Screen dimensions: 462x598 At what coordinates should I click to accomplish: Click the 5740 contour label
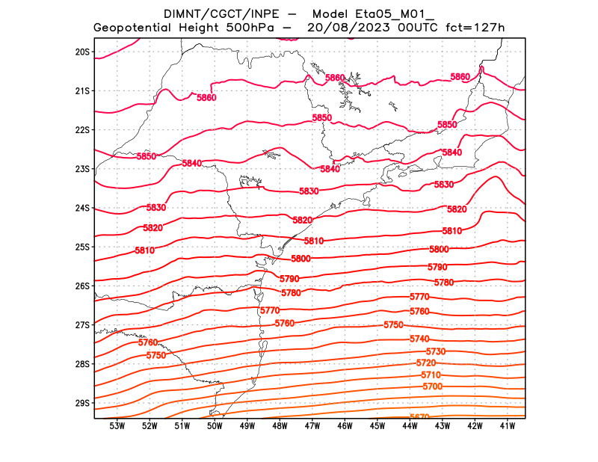pyautogui.click(x=419, y=339)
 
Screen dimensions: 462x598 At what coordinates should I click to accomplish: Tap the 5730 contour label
pyautogui.click(x=435, y=351)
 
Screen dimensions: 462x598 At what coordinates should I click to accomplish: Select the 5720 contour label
pyautogui.click(x=425, y=363)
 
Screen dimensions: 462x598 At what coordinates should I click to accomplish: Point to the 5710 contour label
pyautogui.click(x=431, y=375)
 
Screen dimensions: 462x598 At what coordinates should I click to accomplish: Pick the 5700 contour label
pyautogui.click(x=433, y=386)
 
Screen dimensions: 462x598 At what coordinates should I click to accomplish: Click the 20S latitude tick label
pyautogui.click(x=82, y=52)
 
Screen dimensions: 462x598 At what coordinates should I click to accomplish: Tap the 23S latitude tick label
pyautogui.click(x=82, y=169)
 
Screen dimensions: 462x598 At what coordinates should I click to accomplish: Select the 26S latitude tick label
pyautogui.click(x=82, y=286)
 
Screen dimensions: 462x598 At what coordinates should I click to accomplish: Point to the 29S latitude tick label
pyautogui.click(x=82, y=403)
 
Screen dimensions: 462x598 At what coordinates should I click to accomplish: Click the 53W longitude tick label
pyautogui.click(x=117, y=426)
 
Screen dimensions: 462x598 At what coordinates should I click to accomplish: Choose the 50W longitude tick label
pyautogui.click(x=215, y=426)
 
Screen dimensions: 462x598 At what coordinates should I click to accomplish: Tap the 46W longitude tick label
pyautogui.click(x=345, y=426)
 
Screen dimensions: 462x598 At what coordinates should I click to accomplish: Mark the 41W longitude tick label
pyautogui.click(x=508, y=426)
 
